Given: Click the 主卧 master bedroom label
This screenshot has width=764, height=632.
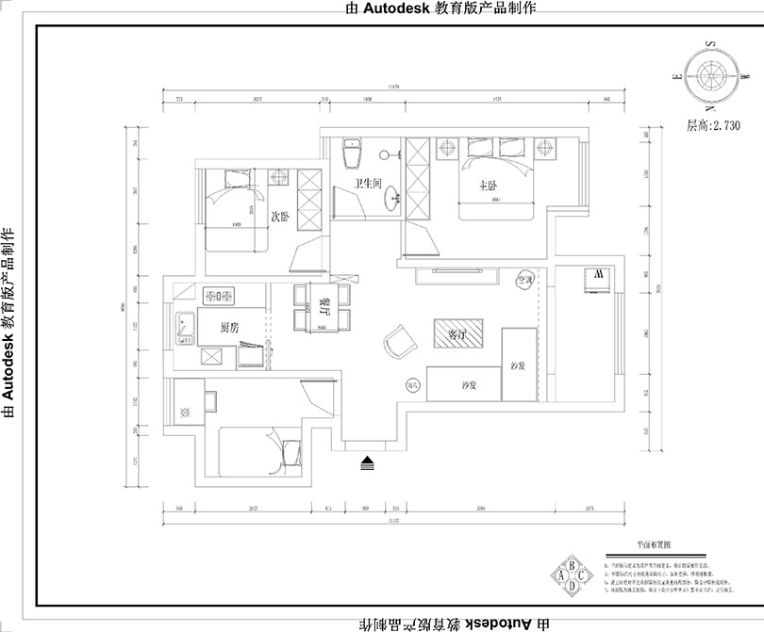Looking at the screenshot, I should tap(488, 186).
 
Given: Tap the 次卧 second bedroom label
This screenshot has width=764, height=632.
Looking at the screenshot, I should tap(280, 217).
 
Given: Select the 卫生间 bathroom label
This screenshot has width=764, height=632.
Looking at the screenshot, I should tap(367, 184).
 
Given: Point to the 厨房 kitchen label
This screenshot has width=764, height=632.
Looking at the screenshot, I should tap(228, 328).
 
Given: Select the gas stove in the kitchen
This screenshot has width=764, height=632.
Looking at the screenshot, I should tap(217, 297).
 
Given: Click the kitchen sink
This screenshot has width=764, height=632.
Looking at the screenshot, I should tap(183, 326).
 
